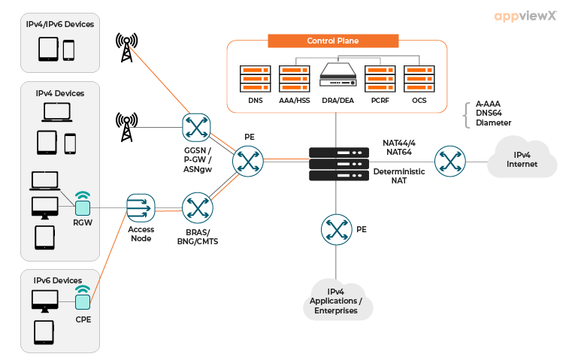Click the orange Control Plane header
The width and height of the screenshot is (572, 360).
333,41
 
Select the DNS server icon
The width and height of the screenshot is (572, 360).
255,78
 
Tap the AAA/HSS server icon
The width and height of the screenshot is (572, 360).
294,78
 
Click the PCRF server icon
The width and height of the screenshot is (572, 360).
377,78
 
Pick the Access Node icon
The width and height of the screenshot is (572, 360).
141,207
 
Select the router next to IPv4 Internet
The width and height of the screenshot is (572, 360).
449,160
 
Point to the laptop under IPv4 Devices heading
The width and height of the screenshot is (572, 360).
56,112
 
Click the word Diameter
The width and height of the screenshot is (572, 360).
493,123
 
